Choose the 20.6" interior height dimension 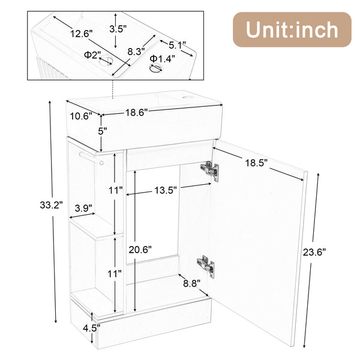141,249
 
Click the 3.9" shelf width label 83,208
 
